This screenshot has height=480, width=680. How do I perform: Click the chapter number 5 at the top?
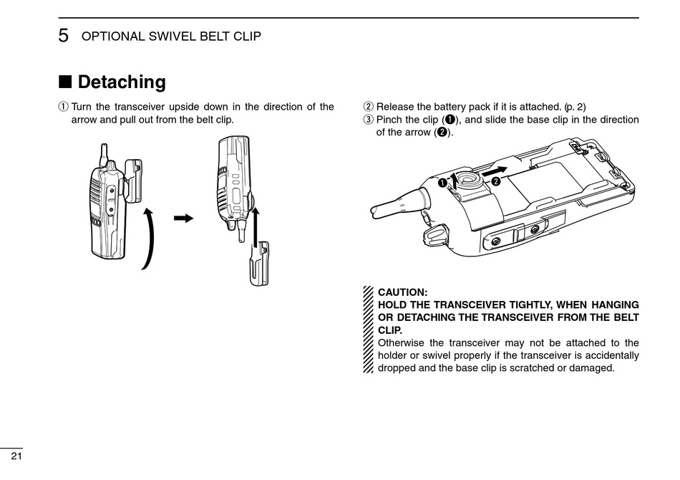tap(64, 37)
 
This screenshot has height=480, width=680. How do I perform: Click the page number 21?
tap(16, 456)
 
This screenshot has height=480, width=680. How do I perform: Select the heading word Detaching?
tap(122, 82)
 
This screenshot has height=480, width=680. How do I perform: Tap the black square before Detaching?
tap(65, 82)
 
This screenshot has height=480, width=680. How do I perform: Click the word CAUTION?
tap(402, 292)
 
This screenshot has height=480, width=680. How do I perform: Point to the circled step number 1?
tap(63, 107)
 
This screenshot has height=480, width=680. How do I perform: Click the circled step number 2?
tap(369, 107)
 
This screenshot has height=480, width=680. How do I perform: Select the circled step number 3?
tap(369, 120)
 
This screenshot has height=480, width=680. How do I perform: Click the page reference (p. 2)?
tap(575, 107)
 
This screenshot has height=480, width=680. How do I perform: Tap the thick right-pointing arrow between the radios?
tap(185, 218)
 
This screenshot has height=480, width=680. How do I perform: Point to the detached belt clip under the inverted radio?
tap(261, 262)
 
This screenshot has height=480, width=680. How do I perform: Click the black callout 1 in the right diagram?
tap(442, 183)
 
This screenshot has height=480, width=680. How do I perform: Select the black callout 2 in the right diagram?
tap(495, 182)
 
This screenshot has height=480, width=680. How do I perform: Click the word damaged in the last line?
tap(593, 368)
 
